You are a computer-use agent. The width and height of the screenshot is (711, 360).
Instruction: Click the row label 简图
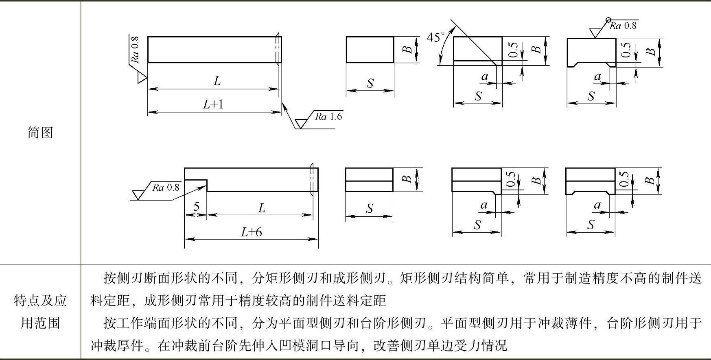40,133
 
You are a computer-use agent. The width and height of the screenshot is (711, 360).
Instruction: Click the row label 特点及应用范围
40,312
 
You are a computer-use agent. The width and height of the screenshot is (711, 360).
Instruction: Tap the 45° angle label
435,37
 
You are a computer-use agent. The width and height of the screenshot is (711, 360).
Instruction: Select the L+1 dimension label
214,105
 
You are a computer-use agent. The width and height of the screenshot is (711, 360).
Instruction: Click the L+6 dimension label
251,232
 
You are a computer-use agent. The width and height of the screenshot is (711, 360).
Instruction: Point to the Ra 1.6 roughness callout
328,117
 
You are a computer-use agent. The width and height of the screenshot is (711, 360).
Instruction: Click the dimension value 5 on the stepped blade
196,207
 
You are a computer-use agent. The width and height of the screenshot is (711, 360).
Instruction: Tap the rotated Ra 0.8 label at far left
135,50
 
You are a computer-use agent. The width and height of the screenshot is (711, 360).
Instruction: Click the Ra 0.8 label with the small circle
623,26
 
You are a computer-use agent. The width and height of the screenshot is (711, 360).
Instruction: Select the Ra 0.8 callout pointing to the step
166,188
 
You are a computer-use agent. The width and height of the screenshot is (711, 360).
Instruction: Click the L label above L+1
217,81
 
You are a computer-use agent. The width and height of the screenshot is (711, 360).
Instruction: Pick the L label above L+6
261,209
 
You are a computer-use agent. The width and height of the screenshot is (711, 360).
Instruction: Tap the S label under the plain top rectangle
370,83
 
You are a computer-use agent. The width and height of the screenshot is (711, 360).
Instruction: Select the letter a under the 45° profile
484,76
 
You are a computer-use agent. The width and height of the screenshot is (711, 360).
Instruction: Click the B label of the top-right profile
651,52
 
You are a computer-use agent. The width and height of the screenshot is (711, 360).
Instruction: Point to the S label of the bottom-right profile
591,225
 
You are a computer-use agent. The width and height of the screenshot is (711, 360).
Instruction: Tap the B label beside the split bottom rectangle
407,179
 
